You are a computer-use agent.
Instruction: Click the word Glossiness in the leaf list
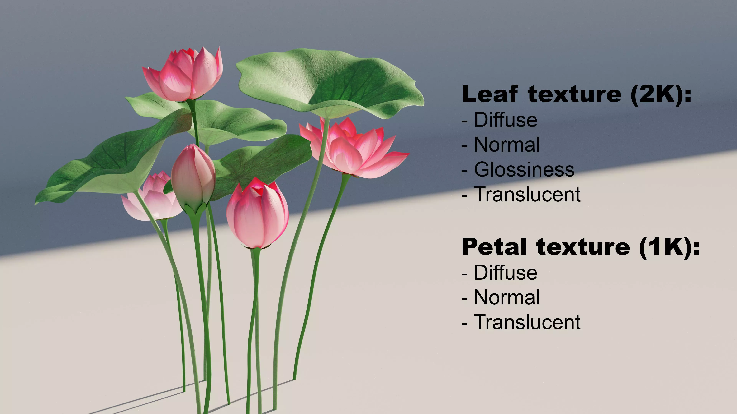(524, 169)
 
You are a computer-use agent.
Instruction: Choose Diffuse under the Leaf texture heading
(506, 120)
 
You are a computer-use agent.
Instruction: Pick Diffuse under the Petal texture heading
(506, 273)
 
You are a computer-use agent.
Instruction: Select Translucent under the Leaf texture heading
(527, 195)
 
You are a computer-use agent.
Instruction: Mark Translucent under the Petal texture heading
(527, 322)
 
